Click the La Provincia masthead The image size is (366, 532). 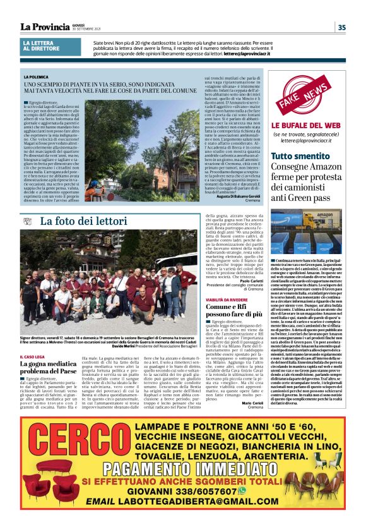45,27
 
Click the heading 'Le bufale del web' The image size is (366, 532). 307,126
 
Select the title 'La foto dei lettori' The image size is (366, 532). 84,221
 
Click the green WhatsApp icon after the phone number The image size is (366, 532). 259,490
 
